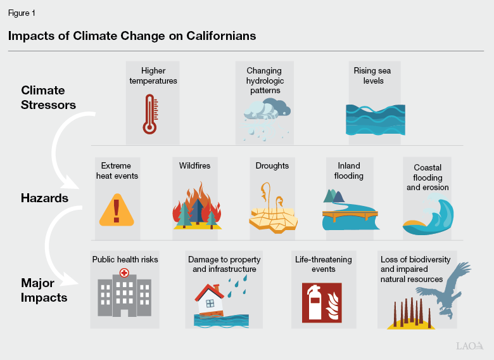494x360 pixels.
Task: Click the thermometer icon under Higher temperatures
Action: click(149, 115)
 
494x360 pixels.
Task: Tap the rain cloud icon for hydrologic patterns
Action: click(267, 118)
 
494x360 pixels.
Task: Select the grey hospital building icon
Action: click(123, 295)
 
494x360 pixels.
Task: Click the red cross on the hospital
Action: click(123, 273)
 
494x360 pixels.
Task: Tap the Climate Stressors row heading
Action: click(48, 98)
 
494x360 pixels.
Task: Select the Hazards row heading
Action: click(44, 198)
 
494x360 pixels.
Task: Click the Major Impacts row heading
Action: click(44, 290)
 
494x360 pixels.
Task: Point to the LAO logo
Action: click(469, 345)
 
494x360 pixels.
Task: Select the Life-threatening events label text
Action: click(323, 264)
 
